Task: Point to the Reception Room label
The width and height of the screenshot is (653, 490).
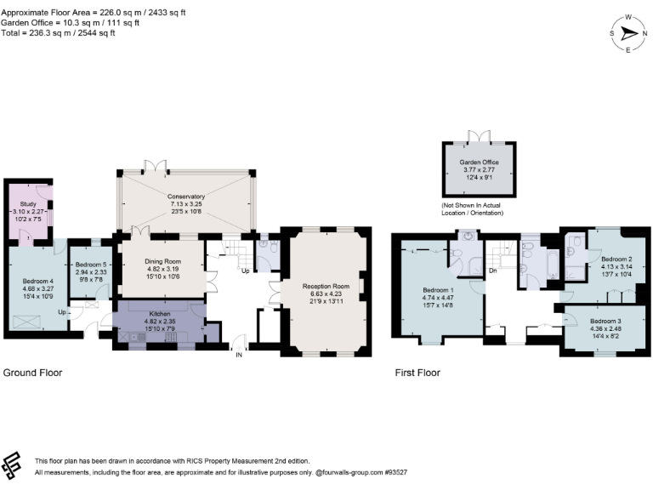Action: pos(326,287)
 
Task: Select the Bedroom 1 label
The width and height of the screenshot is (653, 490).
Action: pos(440,289)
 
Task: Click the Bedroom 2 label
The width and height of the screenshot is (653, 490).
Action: pos(617,258)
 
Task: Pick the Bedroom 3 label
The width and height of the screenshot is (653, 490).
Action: pos(605,321)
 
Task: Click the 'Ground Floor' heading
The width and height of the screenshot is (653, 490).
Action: pos(32,373)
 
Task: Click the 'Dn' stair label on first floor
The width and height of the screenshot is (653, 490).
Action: pos(492,271)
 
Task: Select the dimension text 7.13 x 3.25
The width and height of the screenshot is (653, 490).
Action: pos(185,204)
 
